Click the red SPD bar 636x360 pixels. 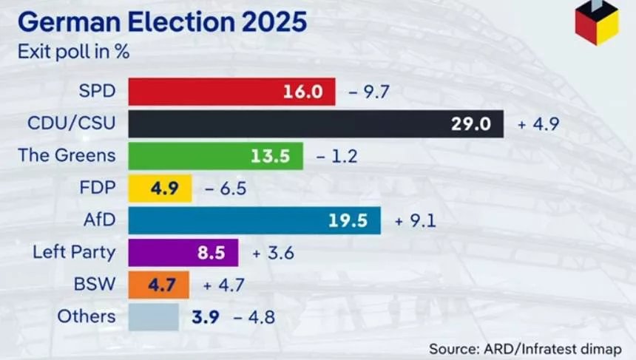tap(231, 92)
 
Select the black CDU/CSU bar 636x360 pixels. tap(316, 123)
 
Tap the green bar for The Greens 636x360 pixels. tap(215, 156)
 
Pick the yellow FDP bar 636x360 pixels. tap(160, 188)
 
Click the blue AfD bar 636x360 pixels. tap(254, 220)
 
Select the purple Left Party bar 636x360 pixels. tap(183, 252)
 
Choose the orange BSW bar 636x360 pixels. tap(159, 284)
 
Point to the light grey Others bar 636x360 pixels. tap(153, 316)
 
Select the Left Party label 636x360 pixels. tap(74, 252)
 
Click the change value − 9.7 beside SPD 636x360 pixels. tap(368, 92)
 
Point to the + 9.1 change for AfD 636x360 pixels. tap(414, 221)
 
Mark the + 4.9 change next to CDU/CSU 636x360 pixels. tap(537, 124)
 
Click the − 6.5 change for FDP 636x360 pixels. tap(225, 189)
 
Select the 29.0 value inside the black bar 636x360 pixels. tap(471, 124)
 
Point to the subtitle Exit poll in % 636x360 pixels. tap(70, 52)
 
